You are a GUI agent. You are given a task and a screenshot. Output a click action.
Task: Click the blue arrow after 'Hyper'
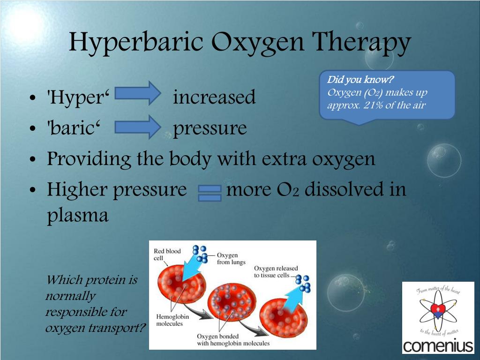pyautogui.click(x=138, y=92)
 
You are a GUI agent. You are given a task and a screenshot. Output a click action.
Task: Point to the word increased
pyautogui.click(x=214, y=97)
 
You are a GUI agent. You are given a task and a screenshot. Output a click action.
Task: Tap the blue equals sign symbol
pyautogui.click(x=210, y=192)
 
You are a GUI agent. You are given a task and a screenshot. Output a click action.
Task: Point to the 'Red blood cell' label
pyautogui.click(x=167, y=255)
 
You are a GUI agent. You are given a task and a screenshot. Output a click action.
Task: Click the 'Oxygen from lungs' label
pyautogui.click(x=231, y=259)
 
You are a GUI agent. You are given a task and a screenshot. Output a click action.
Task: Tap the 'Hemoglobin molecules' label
pyautogui.click(x=172, y=320)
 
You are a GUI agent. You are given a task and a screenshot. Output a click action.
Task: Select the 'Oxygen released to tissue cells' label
pyautogui.click(x=276, y=272)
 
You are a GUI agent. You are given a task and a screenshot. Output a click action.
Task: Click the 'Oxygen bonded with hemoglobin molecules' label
pyautogui.click(x=233, y=340)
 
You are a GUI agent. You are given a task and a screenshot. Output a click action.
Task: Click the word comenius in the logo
pyautogui.click(x=438, y=346)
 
